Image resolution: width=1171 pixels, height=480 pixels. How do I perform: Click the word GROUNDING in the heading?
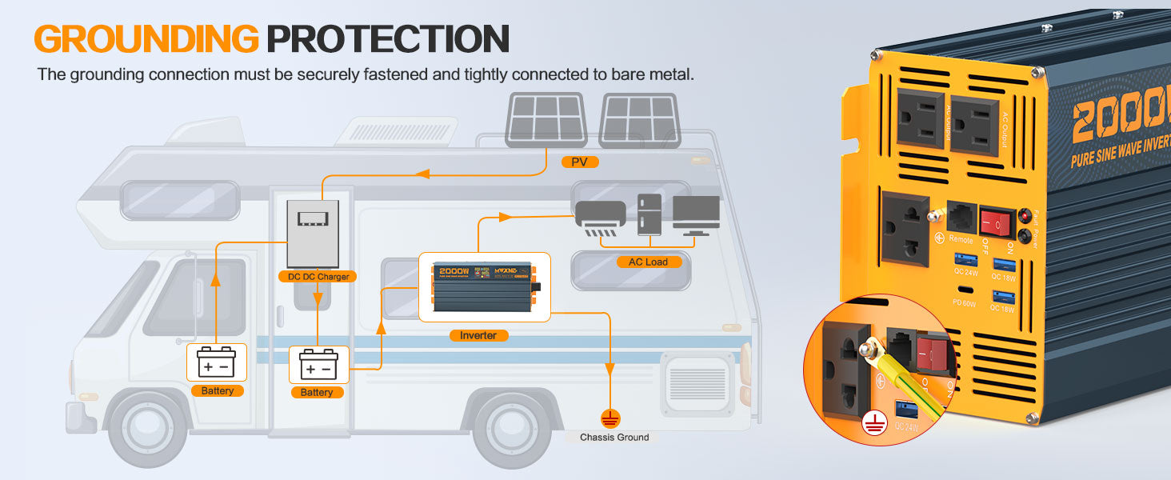click(x=146, y=38)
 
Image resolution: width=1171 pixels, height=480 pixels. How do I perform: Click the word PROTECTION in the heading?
click(x=388, y=38)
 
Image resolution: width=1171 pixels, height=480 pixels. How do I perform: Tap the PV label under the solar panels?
click(x=580, y=162)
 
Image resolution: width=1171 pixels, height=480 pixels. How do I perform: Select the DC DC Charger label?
click(x=318, y=276)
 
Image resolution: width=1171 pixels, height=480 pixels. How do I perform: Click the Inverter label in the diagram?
click(x=478, y=335)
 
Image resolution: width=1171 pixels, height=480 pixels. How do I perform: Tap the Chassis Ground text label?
click(x=614, y=438)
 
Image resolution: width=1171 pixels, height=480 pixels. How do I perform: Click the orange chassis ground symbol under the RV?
click(x=610, y=418)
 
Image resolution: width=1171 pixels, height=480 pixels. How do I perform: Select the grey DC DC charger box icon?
click(x=313, y=232)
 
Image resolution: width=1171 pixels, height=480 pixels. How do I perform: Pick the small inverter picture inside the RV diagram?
click(x=485, y=287)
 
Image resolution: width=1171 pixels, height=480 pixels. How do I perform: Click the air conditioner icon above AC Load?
click(x=599, y=215)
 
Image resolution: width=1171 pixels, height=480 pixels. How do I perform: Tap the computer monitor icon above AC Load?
click(x=696, y=214)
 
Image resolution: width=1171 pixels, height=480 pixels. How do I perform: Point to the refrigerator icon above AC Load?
click(x=649, y=214)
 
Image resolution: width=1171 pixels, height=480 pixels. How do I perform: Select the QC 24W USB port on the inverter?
click(x=965, y=260)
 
